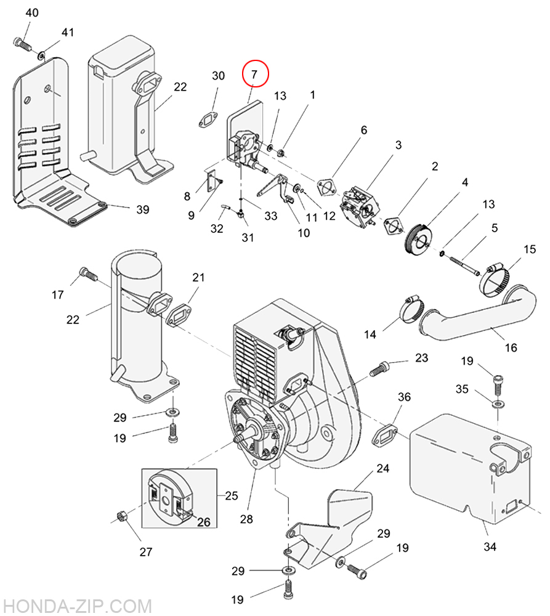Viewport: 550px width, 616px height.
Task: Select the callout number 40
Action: click(x=31, y=13)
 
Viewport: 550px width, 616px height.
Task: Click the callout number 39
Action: click(x=142, y=209)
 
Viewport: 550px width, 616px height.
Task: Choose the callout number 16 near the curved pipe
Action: click(x=511, y=348)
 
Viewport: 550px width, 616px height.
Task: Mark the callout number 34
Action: click(x=490, y=546)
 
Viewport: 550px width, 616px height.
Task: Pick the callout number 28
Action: click(x=246, y=519)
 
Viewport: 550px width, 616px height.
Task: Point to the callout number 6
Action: click(x=363, y=130)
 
